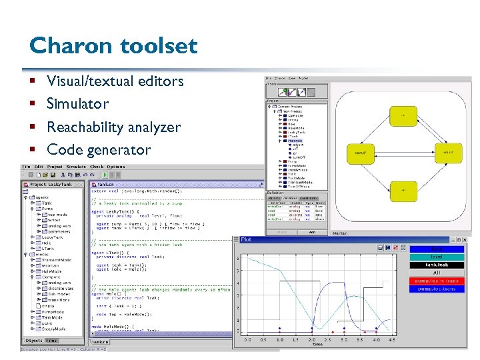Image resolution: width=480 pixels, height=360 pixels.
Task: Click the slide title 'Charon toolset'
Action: click(113, 45)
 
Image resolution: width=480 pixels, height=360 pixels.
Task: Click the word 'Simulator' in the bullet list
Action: click(77, 104)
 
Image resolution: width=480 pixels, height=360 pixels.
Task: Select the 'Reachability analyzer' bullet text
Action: click(113, 127)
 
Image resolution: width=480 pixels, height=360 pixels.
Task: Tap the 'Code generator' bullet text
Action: click(99, 149)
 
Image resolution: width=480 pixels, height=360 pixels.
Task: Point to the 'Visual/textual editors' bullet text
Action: click(115, 81)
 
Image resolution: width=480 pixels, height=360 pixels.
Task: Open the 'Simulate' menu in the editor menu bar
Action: click(75, 167)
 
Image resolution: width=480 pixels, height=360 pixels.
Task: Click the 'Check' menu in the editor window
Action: click(97, 167)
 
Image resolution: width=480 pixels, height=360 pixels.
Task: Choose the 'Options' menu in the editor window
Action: click(116, 167)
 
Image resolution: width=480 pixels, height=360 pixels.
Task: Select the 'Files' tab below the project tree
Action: click(51, 340)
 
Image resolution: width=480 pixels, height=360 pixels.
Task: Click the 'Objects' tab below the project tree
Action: click(33, 340)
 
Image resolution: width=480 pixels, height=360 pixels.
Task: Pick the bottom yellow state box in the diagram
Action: click(403, 191)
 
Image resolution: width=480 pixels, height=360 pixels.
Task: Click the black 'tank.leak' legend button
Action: click(437, 265)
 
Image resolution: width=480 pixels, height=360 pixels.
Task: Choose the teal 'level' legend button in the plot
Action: click(437, 257)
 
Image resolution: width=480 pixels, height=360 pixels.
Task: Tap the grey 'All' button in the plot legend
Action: click(437, 273)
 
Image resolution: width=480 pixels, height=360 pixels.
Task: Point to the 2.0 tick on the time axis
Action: click(312, 340)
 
